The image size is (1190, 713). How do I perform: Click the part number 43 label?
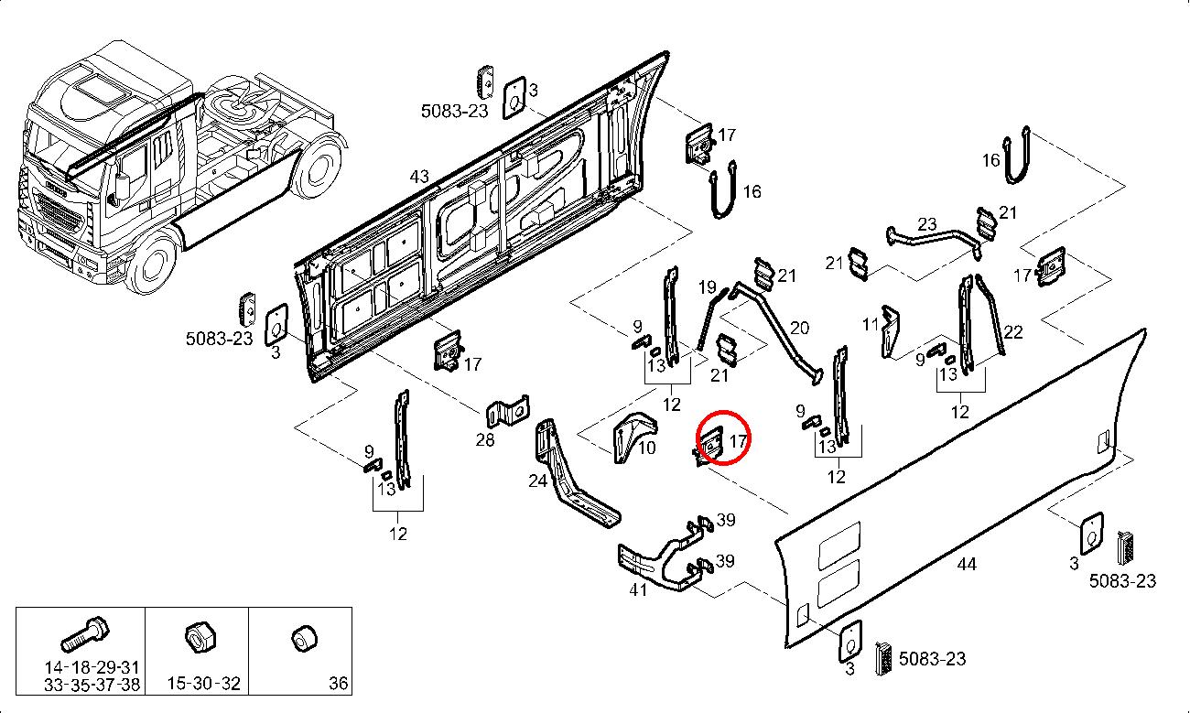coord(419,176)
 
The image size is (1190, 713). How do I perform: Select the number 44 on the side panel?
coord(967,564)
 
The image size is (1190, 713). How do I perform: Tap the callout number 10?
coord(646,448)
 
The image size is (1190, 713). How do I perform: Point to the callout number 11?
coord(870,324)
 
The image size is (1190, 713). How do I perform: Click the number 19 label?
coord(707,287)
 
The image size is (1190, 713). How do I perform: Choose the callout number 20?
coord(799,328)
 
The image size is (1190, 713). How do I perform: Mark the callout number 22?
coord(1012,332)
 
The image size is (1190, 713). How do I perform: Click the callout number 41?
coord(638,589)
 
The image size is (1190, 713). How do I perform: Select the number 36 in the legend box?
coord(338,683)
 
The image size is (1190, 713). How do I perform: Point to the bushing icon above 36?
coord(302,637)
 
